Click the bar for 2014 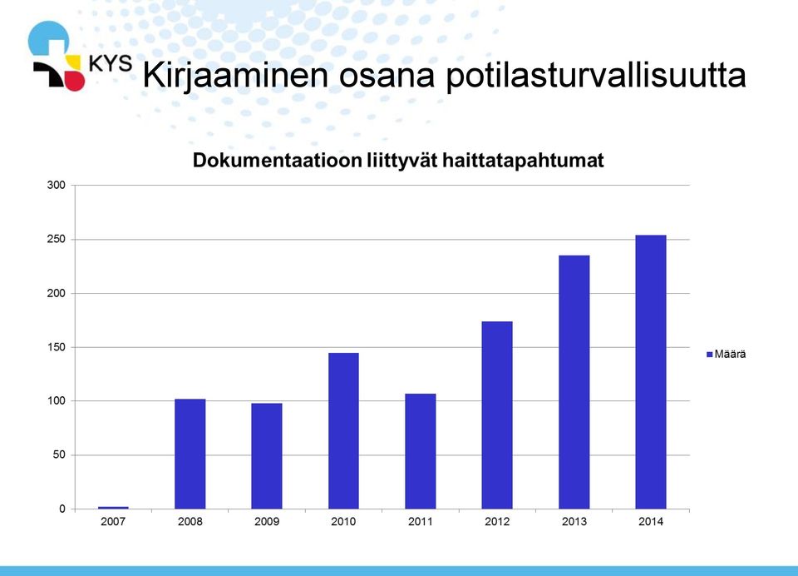click(650, 371)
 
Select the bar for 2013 click(574, 382)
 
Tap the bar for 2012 click(497, 415)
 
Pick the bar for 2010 click(343, 430)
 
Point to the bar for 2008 click(190, 454)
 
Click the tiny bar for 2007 click(113, 508)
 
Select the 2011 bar click(421, 451)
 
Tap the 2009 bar click(267, 455)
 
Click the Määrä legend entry click(727, 354)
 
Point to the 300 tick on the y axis click(56, 185)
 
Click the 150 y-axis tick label click(56, 347)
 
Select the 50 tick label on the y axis click(59, 454)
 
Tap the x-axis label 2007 click(113, 521)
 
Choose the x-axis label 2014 click(651, 521)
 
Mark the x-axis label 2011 click(421, 521)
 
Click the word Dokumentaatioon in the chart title click(277, 160)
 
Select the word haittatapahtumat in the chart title click(523, 161)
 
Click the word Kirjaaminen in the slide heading click(235, 76)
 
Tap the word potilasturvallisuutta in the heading click(596, 76)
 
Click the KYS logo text click(111, 64)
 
